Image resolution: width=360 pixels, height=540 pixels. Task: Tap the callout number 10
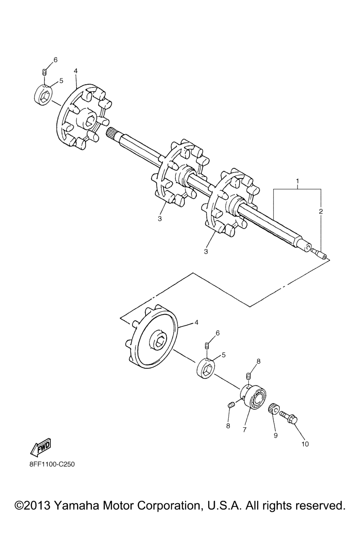[305, 444]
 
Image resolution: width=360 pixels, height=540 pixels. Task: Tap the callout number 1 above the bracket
[297, 181]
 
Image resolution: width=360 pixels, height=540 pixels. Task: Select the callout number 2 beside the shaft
[321, 211]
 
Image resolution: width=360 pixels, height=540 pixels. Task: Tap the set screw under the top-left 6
[44, 72]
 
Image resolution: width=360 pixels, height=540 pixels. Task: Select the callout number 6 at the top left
[56, 60]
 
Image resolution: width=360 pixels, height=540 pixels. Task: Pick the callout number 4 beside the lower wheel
[196, 322]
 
